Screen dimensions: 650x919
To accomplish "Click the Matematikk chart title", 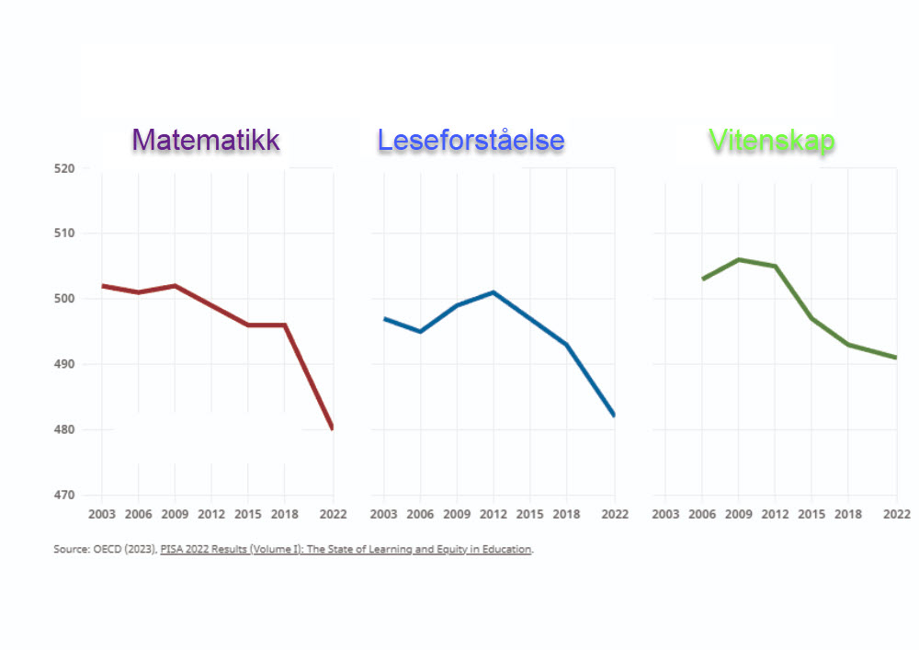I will (206, 140).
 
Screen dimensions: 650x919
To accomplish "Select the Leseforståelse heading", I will (471, 140).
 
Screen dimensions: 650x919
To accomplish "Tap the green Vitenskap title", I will (772, 140).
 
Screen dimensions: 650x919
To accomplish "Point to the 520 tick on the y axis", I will (64, 168).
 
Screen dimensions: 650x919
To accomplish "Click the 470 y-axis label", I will (64, 496).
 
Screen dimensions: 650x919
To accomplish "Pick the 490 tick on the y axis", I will (64, 365).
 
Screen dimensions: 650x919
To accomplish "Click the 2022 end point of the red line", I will (332, 428).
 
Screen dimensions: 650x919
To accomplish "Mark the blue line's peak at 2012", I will (494, 292).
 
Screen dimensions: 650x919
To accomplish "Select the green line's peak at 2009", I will (738, 259).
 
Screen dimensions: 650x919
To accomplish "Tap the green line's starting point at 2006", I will (703, 279).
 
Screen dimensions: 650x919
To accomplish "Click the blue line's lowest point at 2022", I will (614, 416).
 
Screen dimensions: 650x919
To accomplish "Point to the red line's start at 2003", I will (102, 286).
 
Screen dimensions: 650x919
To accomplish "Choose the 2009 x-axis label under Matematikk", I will (175, 514).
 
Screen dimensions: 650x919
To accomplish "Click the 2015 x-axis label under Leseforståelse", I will (530, 514).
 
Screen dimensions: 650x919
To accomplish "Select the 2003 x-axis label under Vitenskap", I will (666, 514).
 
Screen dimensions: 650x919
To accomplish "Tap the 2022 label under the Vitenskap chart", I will (896, 514).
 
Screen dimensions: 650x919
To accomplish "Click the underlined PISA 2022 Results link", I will (346, 550).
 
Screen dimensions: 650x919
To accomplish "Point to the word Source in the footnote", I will (70, 550).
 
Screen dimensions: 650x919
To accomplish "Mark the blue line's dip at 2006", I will (420, 331).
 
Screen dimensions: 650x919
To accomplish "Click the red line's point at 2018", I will (284, 325).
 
